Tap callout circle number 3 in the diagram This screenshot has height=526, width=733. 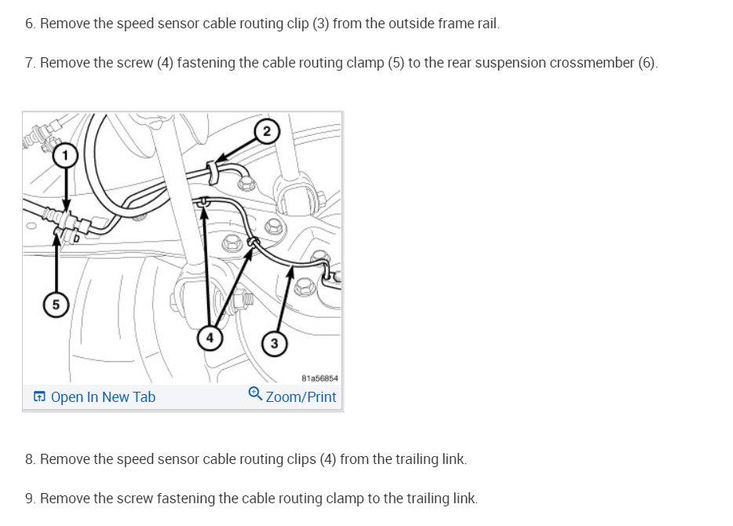[273, 343]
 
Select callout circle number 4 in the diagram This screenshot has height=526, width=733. [209, 339]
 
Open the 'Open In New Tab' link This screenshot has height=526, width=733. [103, 397]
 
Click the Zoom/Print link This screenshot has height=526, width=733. [301, 397]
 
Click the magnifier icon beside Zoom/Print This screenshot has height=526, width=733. [255, 396]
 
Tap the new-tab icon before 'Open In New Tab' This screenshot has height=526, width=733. [40, 397]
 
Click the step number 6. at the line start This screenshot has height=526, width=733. [30, 24]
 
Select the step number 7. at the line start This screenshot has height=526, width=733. [30, 63]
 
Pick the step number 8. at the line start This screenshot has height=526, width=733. [30, 459]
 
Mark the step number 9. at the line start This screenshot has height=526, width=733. [30, 499]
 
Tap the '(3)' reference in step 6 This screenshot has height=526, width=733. [320, 24]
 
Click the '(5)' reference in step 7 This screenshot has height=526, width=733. [395, 63]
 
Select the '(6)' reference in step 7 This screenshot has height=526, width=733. [647, 63]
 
